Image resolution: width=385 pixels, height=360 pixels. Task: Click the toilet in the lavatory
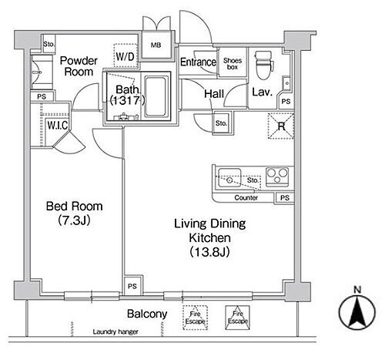263,65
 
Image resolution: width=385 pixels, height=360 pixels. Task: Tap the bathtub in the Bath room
155,96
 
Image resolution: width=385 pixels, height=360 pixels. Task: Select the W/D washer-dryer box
126,56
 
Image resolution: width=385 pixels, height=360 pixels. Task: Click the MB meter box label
156,45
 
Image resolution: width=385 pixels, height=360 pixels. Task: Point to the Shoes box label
233,64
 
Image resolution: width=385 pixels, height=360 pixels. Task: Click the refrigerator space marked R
281,126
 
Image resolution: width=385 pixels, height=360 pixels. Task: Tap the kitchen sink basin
229,177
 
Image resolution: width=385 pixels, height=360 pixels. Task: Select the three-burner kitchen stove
277,177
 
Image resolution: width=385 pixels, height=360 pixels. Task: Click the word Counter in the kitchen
246,197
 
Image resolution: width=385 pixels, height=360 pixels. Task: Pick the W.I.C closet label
58,125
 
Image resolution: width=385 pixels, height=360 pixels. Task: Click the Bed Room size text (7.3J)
74,220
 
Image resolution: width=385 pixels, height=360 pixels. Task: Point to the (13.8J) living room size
209,252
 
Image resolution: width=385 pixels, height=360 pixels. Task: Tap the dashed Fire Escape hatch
195,318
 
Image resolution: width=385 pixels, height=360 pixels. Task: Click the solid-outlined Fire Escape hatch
237,318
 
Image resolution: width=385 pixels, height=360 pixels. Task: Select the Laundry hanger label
115,331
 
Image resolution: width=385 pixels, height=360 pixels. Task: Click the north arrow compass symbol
357,312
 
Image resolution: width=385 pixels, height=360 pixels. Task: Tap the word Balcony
147,314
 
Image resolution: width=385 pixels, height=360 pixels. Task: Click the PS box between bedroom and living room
132,286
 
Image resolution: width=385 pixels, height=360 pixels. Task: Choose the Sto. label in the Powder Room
49,44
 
